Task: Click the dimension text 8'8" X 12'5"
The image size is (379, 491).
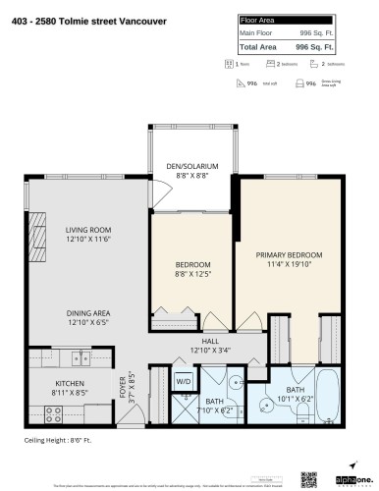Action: [193, 273]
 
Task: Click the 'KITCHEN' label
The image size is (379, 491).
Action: [67, 384]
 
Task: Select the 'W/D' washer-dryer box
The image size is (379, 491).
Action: [184, 381]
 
